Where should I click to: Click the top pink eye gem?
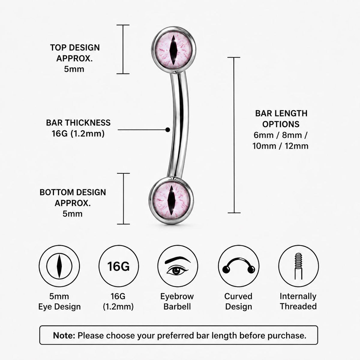(x=174, y=50)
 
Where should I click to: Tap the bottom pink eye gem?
(x=171, y=200)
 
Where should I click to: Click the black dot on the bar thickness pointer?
(x=168, y=130)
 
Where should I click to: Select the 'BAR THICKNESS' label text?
(x=78, y=123)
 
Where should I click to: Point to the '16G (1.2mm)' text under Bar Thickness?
(x=78, y=133)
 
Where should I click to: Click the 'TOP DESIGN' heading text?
(x=75, y=48)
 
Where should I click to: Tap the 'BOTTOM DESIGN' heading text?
(x=73, y=192)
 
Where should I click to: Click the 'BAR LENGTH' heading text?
(x=281, y=113)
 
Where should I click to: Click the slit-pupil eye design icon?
(x=59, y=266)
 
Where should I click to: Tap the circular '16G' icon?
(x=118, y=266)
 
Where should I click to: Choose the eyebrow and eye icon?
(x=178, y=266)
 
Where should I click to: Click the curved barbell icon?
(x=238, y=266)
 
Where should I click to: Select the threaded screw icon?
(x=298, y=266)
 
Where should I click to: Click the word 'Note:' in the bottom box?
(x=64, y=335)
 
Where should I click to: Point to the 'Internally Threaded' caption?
(x=298, y=301)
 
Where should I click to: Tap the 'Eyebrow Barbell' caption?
(x=177, y=301)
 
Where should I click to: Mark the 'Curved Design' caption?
(x=238, y=301)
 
